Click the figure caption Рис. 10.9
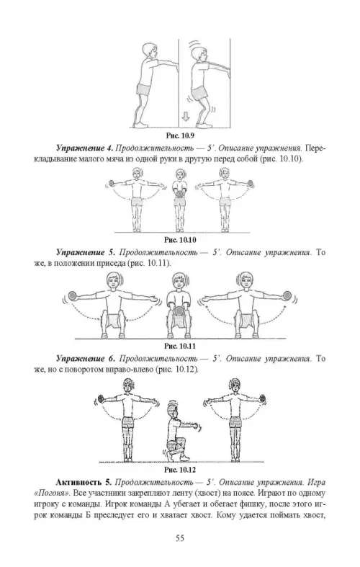click(180, 136)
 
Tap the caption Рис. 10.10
click(180, 240)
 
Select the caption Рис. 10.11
click(180, 347)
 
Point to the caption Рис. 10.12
click(180, 470)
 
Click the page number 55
click(180, 538)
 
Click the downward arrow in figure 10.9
click(186, 117)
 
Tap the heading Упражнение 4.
click(85, 148)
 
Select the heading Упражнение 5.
click(86, 252)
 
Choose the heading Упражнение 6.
click(86, 359)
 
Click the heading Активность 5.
click(83, 483)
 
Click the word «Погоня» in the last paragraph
click(52, 494)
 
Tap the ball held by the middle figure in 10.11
click(179, 311)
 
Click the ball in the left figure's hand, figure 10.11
click(73, 295)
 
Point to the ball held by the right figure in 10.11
click(287, 295)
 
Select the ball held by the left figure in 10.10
click(112, 183)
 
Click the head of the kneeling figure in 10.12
click(173, 410)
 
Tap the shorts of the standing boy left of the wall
click(144, 89)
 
